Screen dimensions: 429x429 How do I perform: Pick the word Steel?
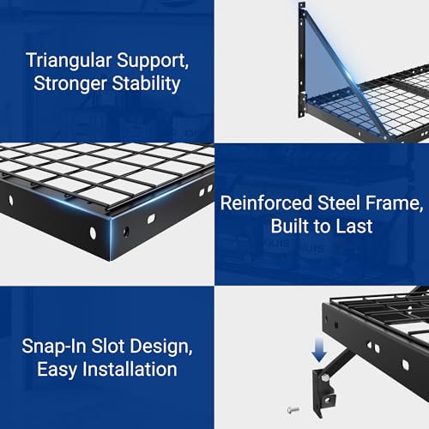(335, 204)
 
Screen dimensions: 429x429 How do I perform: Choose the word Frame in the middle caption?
(384, 204)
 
